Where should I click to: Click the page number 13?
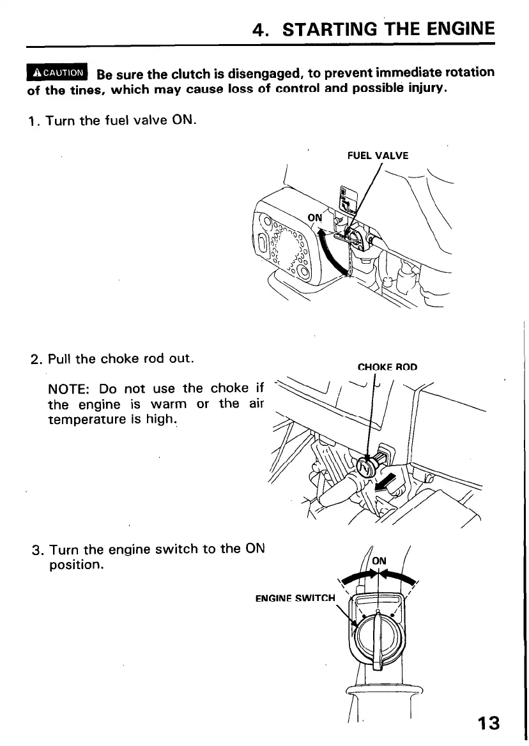point(487,723)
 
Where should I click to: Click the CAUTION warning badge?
point(57,73)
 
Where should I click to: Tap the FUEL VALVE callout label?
point(378,155)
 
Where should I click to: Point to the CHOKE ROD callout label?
point(387,367)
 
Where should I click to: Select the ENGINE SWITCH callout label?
point(295,598)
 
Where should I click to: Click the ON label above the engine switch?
point(379,561)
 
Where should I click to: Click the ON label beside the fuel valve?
point(315,217)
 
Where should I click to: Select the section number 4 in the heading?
point(259,30)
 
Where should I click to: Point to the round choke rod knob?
point(365,468)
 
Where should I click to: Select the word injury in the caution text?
point(425,88)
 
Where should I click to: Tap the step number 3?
point(36,550)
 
